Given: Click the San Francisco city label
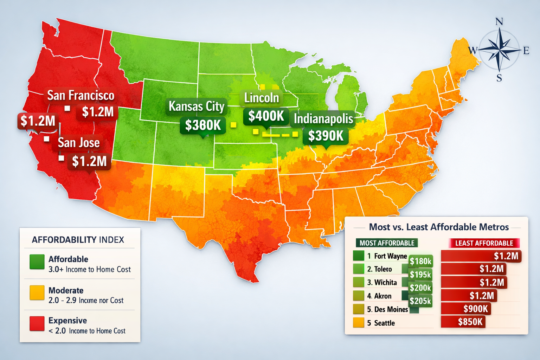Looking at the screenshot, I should (81, 95).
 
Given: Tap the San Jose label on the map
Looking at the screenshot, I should (79, 143).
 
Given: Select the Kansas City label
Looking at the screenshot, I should (197, 106).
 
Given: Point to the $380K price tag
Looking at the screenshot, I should (203, 125).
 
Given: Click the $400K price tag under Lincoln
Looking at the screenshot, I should (266, 116).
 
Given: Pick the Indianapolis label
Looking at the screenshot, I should (323, 119).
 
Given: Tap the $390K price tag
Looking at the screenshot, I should (326, 136).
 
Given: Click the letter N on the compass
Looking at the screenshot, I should (499, 22).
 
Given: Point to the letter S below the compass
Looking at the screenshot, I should (499, 78).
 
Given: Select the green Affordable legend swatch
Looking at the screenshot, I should (37, 262).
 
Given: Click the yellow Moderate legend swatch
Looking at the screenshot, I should (37, 293).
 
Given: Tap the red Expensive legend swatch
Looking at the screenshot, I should (37, 323).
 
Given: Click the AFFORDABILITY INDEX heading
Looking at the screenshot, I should (78, 240).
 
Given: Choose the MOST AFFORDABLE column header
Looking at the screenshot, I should (387, 243).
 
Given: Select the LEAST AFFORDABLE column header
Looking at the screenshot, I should (484, 243).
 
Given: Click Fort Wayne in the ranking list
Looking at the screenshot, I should (390, 256).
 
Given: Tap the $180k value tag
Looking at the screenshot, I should (420, 261).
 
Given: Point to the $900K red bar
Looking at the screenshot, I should (466, 309).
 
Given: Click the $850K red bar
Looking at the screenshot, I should (463, 322).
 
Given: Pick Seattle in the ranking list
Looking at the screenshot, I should (384, 323).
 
